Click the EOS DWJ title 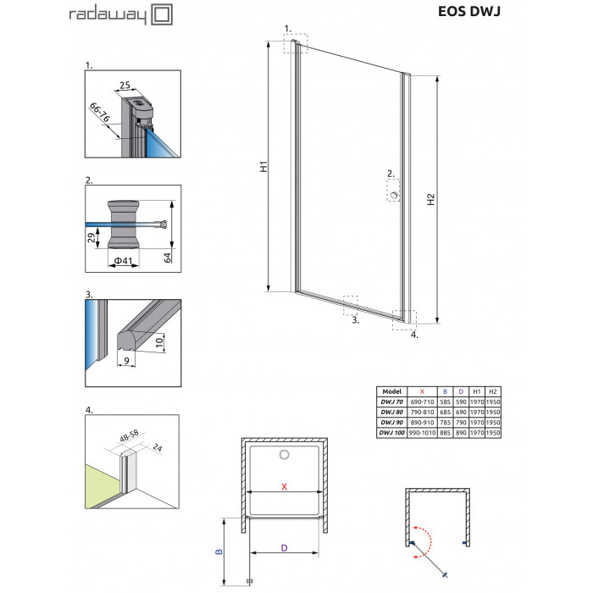tap(469, 11)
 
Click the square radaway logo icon tap(162, 14)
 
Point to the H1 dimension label tap(263, 166)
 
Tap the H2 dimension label tap(430, 199)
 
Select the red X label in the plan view tap(284, 487)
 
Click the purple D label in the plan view tap(284, 547)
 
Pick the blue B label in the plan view tap(219, 551)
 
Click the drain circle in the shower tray tap(285, 455)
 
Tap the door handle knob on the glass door tap(395, 195)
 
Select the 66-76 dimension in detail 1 tap(100, 113)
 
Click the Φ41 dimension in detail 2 tap(124, 261)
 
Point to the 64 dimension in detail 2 tap(167, 258)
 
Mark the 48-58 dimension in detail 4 tap(129, 435)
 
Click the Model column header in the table tap(391, 391)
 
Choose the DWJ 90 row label tap(391, 422)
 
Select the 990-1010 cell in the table tap(422, 433)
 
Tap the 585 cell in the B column tap(445, 402)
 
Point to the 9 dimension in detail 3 tap(127, 361)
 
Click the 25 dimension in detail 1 tap(125, 86)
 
